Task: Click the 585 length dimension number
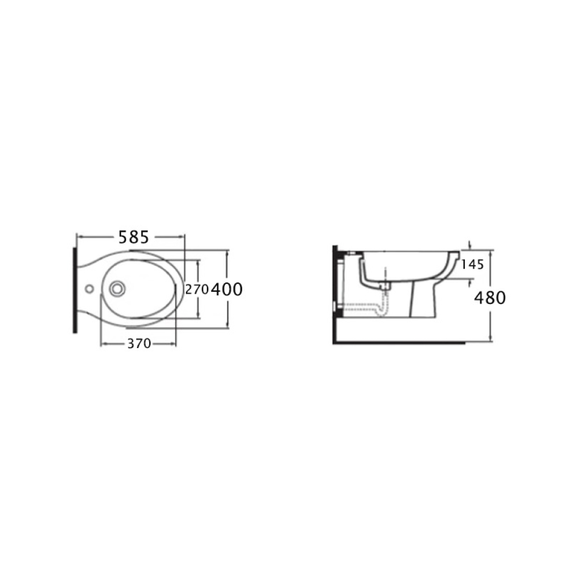134,237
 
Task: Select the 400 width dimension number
227,290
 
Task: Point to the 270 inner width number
197,290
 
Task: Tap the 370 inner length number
139,343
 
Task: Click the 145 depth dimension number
473,264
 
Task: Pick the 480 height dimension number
490,298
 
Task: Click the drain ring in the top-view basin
117,288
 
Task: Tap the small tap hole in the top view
89,288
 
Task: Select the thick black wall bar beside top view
75,290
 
